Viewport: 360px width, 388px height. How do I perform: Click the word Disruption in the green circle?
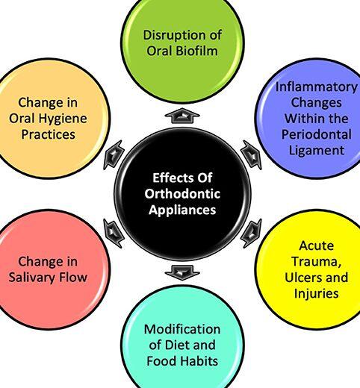175,35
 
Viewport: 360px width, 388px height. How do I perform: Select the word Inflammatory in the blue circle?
317,87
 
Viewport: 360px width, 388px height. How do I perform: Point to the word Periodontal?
317,134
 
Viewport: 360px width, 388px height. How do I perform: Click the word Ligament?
317,151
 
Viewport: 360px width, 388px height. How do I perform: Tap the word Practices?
48,134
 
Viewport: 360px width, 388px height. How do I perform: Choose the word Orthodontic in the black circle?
182,194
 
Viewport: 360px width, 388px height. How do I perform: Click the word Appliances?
182,210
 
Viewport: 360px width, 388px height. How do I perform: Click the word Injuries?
316,294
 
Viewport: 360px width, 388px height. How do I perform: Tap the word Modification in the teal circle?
182,329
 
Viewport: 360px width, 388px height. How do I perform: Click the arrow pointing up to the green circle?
182,116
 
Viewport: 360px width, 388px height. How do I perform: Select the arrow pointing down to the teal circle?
182,272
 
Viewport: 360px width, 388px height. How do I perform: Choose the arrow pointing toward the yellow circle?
252,233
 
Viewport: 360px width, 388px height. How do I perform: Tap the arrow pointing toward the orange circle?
114,155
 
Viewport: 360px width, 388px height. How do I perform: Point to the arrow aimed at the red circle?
114,233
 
